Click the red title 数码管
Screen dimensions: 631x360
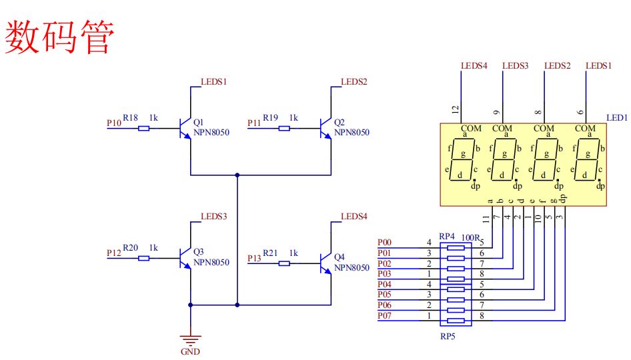pos(59,37)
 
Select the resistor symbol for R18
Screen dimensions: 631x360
pos(143,128)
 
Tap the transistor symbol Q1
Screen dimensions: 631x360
pos(185,128)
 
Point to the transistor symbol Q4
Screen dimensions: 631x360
pos(326,263)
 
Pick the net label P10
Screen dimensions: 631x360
pos(114,123)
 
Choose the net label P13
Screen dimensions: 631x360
pos(254,258)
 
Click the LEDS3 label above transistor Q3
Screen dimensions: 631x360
pos(213,217)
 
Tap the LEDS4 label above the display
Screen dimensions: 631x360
pos(474,65)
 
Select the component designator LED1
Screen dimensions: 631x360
pos(617,117)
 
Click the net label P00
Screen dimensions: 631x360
pos(384,242)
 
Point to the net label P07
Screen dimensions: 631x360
pos(384,316)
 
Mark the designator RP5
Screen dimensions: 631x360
pos(448,336)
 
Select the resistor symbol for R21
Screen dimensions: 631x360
pos(284,263)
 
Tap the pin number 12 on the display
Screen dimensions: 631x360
pos(455,109)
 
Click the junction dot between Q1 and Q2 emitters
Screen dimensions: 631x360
pos(237,175)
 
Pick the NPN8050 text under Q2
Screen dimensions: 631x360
pos(352,133)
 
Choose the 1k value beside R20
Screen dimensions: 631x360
pos(153,248)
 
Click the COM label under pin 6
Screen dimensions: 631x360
pos(585,128)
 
